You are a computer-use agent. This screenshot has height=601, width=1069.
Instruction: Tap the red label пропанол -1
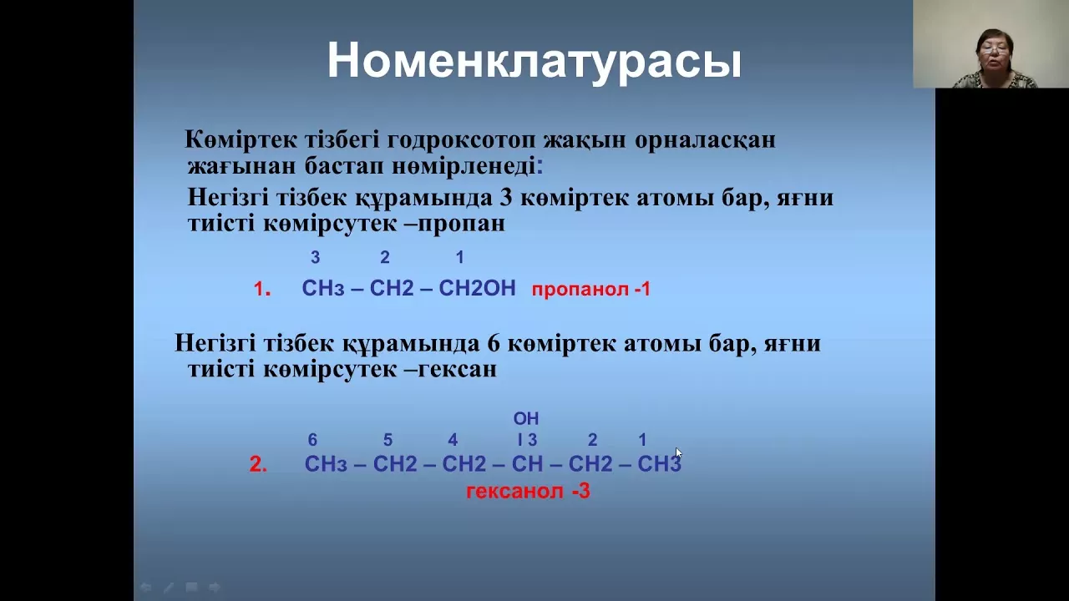point(591,290)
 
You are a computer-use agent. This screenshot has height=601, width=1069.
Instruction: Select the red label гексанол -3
point(529,492)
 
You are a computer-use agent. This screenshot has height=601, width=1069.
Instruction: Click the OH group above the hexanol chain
point(526,418)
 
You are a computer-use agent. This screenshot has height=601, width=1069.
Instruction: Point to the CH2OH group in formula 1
point(477,288)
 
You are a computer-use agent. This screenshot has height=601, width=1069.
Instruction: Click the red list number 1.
point(262,289)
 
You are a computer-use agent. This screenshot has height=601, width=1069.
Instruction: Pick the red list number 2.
point(258,464)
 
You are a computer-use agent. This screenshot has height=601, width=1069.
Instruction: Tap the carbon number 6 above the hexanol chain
point(312,440)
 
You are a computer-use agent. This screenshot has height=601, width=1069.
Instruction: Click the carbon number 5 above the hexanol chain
point(388,440)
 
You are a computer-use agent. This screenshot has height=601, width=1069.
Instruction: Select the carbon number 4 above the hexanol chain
point(453,440)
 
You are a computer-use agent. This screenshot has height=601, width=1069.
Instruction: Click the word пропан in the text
point(462,224)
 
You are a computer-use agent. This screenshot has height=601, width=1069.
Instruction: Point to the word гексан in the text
point(457,369)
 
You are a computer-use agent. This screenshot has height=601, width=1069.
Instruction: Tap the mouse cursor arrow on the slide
point(678,452)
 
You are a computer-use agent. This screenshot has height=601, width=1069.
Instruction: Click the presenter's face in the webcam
point(994,53)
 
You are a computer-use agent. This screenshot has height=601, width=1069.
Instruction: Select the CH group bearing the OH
point(527,463)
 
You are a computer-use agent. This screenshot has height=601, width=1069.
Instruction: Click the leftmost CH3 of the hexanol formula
point(326,463)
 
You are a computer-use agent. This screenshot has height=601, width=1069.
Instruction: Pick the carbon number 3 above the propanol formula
point(315,258)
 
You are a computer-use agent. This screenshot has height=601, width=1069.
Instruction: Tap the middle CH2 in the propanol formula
point(392,288)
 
